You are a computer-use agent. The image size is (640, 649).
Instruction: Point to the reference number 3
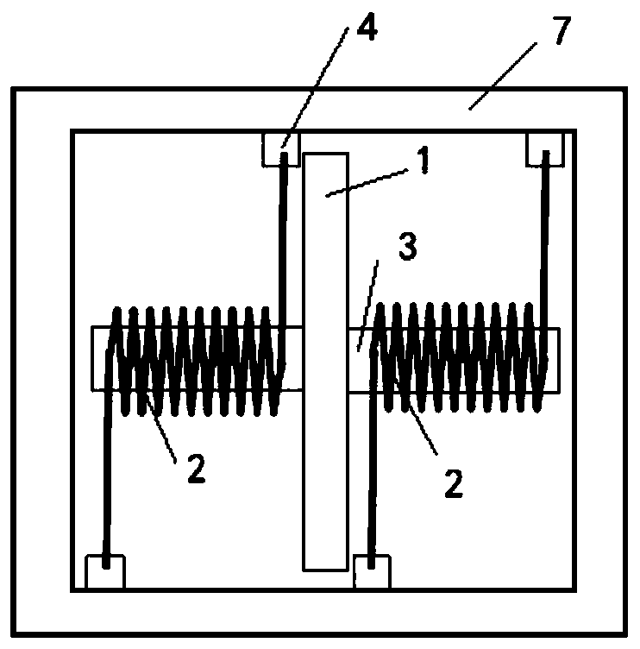(x=409, y=249)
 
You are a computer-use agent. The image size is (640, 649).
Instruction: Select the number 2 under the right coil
(x=455, y=482)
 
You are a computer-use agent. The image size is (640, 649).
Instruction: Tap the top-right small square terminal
(x=546, y=148)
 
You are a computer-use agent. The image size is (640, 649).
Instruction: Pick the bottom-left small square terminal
(x=105, y=571)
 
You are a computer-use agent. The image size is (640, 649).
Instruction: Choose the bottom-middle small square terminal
(x=372, y=571)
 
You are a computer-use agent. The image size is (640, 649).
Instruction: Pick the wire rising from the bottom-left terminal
(x=106, y=483)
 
